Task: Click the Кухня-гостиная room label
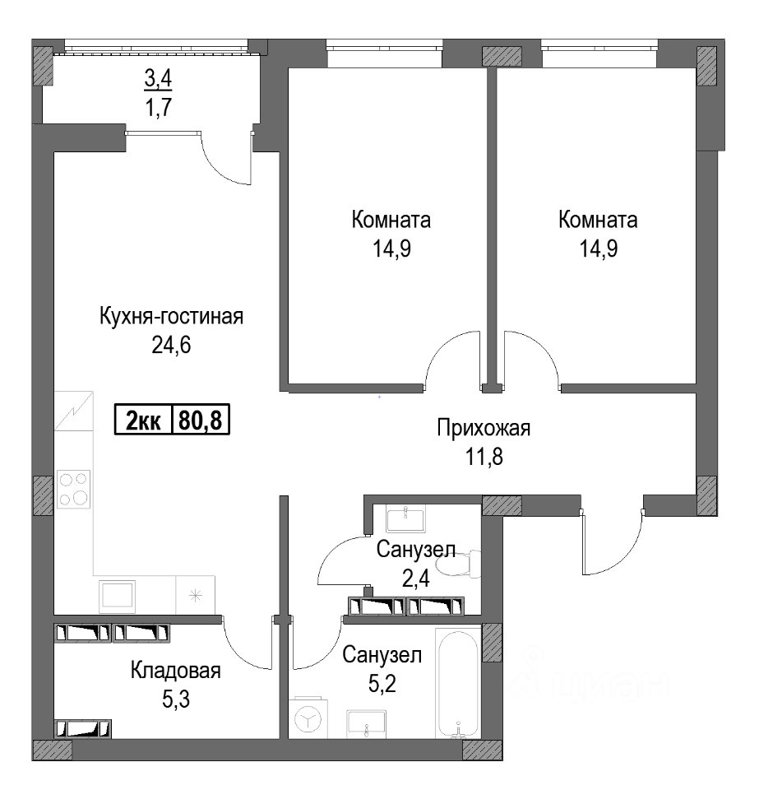click(172, 317)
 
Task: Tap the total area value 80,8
click(201, 420)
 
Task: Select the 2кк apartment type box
click(143, 420)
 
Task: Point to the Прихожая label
click(484, 428)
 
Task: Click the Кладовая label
click(176, 671)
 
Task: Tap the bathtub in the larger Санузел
click(457, 684)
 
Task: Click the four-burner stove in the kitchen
click(73, 489)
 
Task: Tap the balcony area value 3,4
click(158, 79)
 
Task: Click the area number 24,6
click(172, 346)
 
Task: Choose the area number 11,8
click(484, 458)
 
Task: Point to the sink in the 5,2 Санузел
click(366, 724)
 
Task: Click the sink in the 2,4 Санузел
click(405, 518)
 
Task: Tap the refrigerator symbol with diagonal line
click(73, 411)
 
